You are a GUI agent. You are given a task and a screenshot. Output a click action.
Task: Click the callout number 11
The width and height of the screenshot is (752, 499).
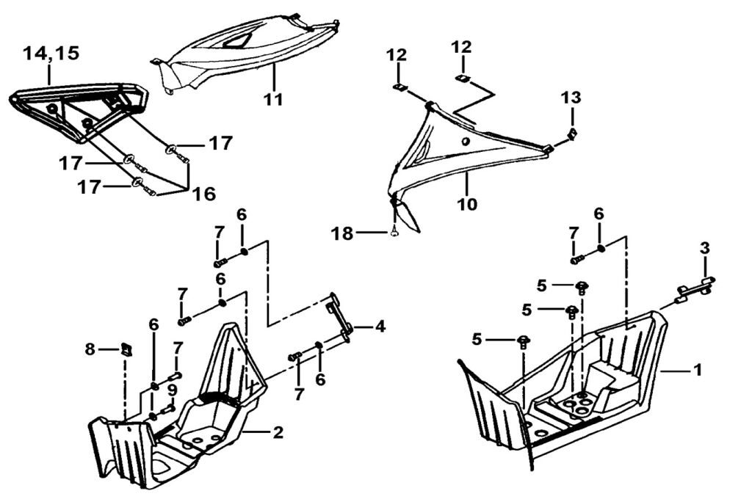click(x=273, y=99)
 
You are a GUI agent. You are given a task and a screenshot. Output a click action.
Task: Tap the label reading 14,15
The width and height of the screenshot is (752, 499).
click(x=51, y=54)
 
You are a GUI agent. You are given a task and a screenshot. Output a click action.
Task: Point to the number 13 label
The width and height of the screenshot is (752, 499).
click(x=571, y=98)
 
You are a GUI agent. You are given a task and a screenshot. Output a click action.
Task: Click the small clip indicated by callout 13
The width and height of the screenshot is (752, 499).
click(x=572, y=134)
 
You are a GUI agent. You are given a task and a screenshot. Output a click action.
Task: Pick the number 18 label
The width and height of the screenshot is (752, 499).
click(x=342, y=234)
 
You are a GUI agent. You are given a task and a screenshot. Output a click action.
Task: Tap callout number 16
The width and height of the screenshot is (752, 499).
click(x=204, y=194)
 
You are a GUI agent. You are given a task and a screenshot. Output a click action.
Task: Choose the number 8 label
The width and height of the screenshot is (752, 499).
click(x=90, y=349)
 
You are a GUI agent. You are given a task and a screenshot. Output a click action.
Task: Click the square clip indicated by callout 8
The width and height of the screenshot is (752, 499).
click(x=126, y=350)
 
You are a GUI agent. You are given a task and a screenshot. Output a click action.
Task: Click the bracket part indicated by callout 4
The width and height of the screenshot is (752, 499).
click(x=341, y=316)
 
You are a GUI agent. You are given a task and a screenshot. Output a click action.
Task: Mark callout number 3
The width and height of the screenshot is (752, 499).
click(x=704, y=248)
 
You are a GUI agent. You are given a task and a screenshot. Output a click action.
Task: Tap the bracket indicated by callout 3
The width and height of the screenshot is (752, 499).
click(x=694, y=291)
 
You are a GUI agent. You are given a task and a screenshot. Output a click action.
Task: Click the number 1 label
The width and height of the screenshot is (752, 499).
click(x=697, y=371)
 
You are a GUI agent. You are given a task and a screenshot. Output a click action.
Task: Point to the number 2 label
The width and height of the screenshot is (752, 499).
click(x=277, y=433)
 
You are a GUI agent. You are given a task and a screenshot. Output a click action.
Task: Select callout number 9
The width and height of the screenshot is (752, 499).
click(x=172, y=389)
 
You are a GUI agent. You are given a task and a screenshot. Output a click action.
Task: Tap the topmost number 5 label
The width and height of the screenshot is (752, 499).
click(x=541, y=284)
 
